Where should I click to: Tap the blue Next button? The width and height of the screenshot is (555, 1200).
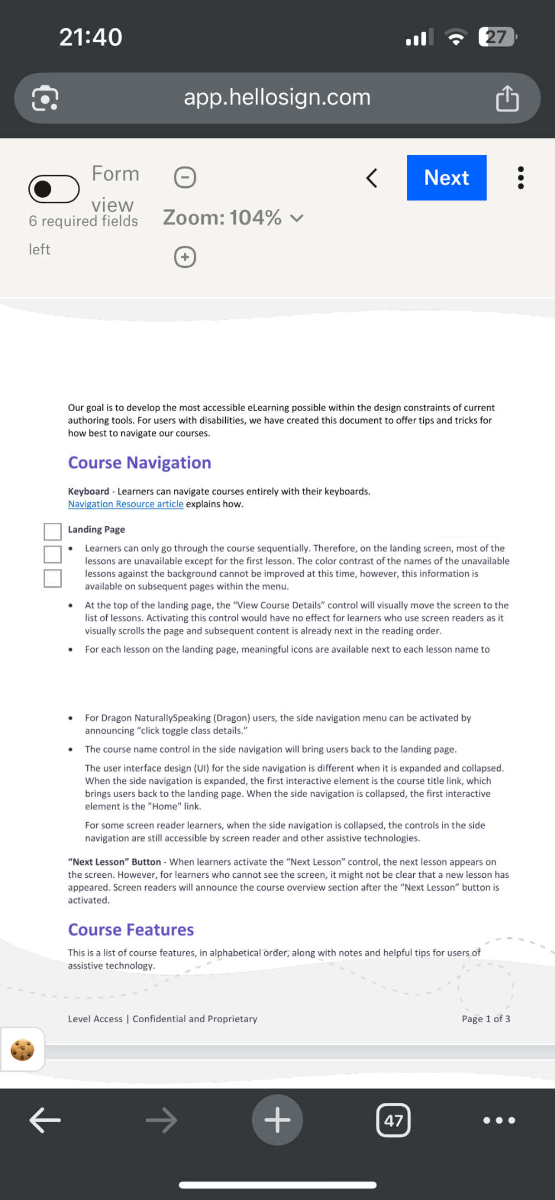[x=447, y=178]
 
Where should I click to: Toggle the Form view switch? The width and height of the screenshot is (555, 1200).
[x=54, y=189]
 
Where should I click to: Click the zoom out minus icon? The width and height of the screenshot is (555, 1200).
[x=185, y=177]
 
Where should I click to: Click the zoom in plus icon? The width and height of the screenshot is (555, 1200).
[x=185, y=257]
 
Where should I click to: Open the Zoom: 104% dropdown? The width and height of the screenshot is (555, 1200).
[x=234, y=218]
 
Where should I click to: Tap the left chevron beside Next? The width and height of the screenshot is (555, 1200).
[x=372, y=178]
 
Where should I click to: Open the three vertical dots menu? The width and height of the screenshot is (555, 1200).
[x=521, y=178]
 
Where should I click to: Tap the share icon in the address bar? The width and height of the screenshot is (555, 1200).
[x=507, y=98]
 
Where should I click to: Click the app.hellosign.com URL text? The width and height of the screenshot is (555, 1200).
[x=277, y=98]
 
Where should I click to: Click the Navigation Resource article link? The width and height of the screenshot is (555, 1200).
[x=126, y=504]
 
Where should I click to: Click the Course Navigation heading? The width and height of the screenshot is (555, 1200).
[x=140, y=463]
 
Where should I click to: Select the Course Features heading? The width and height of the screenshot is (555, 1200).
[x=131, y=929]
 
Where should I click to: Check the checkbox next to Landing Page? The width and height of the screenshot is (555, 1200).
[x=52, y=531]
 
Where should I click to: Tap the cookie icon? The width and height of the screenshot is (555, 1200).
[x=22, y=1049]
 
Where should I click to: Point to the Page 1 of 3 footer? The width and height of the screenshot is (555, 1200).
[x=485, y=1018]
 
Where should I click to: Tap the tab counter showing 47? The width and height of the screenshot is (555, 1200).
[x=393, y=1120]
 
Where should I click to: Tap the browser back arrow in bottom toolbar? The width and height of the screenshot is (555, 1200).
[x=45, y=1120]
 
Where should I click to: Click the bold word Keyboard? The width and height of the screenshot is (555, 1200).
[x=88, y=491]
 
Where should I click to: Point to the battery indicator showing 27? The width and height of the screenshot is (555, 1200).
[x=497, y=37]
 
